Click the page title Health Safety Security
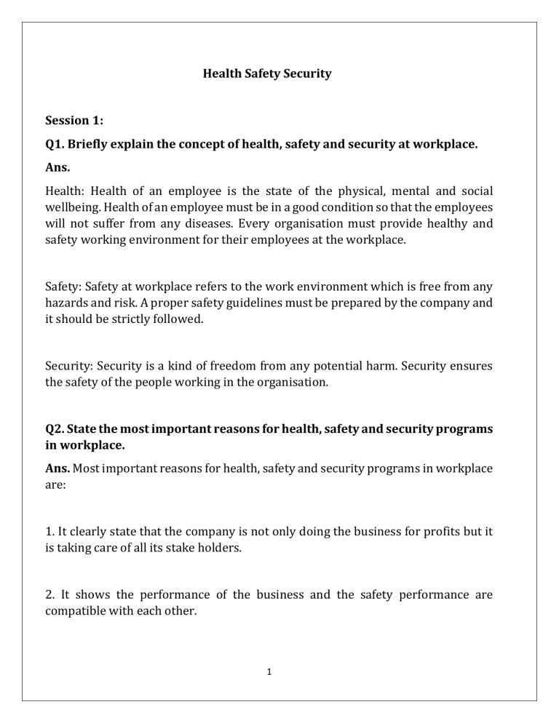(x=266, y=73)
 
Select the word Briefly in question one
(x=95, y=144)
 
